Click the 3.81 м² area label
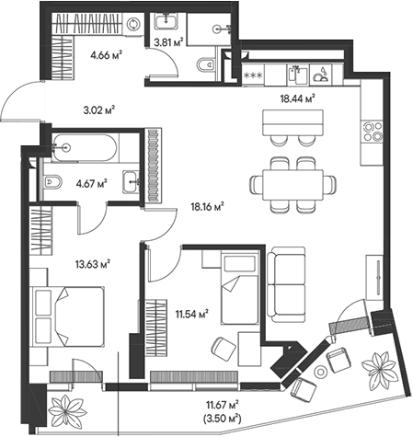168,41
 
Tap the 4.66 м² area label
106,55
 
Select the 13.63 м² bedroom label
93,264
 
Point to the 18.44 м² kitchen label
298,98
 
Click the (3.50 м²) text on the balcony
222,418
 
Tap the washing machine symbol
133,23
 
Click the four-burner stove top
372,131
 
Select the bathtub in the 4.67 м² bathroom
84,148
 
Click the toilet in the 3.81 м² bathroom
206,65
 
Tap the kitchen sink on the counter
298,75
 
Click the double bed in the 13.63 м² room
67,316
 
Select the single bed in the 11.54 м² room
240,288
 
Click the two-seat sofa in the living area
286,284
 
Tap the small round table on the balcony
321,372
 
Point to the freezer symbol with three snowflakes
253,75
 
